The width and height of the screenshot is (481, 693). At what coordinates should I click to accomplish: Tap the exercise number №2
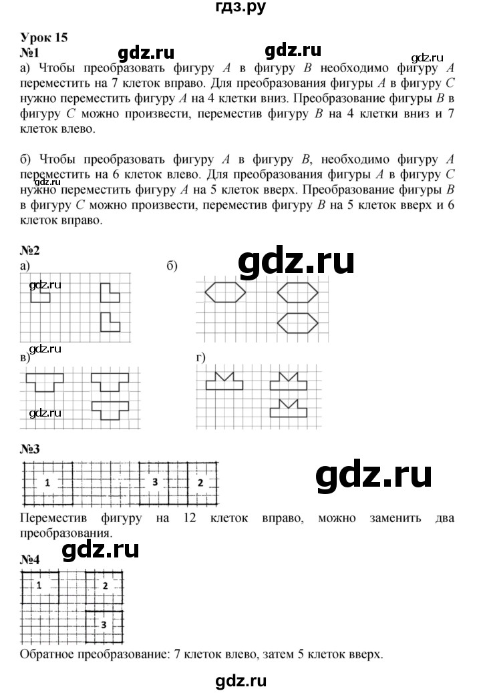pos(31,251)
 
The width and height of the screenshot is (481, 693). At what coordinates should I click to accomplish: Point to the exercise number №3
pos(31,449)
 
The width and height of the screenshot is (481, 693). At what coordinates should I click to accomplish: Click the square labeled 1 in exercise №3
pos(47,483)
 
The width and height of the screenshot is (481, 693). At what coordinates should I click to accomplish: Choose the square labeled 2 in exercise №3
pos(200,483)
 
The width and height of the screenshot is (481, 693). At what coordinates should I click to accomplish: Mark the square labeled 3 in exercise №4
pos(104,625)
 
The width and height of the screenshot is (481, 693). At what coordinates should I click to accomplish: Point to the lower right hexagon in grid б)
pos(297,322)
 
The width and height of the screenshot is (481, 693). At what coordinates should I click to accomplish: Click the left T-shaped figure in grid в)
pos(45,382)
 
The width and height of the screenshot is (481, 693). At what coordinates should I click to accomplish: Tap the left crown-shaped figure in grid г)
pos(224,381)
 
